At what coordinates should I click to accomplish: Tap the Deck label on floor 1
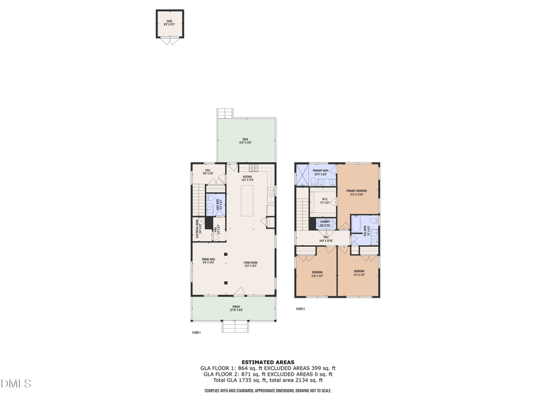(245, 141)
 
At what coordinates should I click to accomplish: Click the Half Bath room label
(219, 204)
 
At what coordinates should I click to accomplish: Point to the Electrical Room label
(198, 229)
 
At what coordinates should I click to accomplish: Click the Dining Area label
(208, 260)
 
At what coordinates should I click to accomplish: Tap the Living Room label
(250, 264)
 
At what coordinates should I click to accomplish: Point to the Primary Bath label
(321, 172)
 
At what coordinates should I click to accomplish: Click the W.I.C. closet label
(325, 201)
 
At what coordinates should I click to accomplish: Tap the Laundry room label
(325, 223)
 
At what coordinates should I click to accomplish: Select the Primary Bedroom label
(357, 192)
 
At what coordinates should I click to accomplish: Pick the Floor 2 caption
(300, 308)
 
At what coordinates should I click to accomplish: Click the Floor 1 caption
(196, 332)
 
